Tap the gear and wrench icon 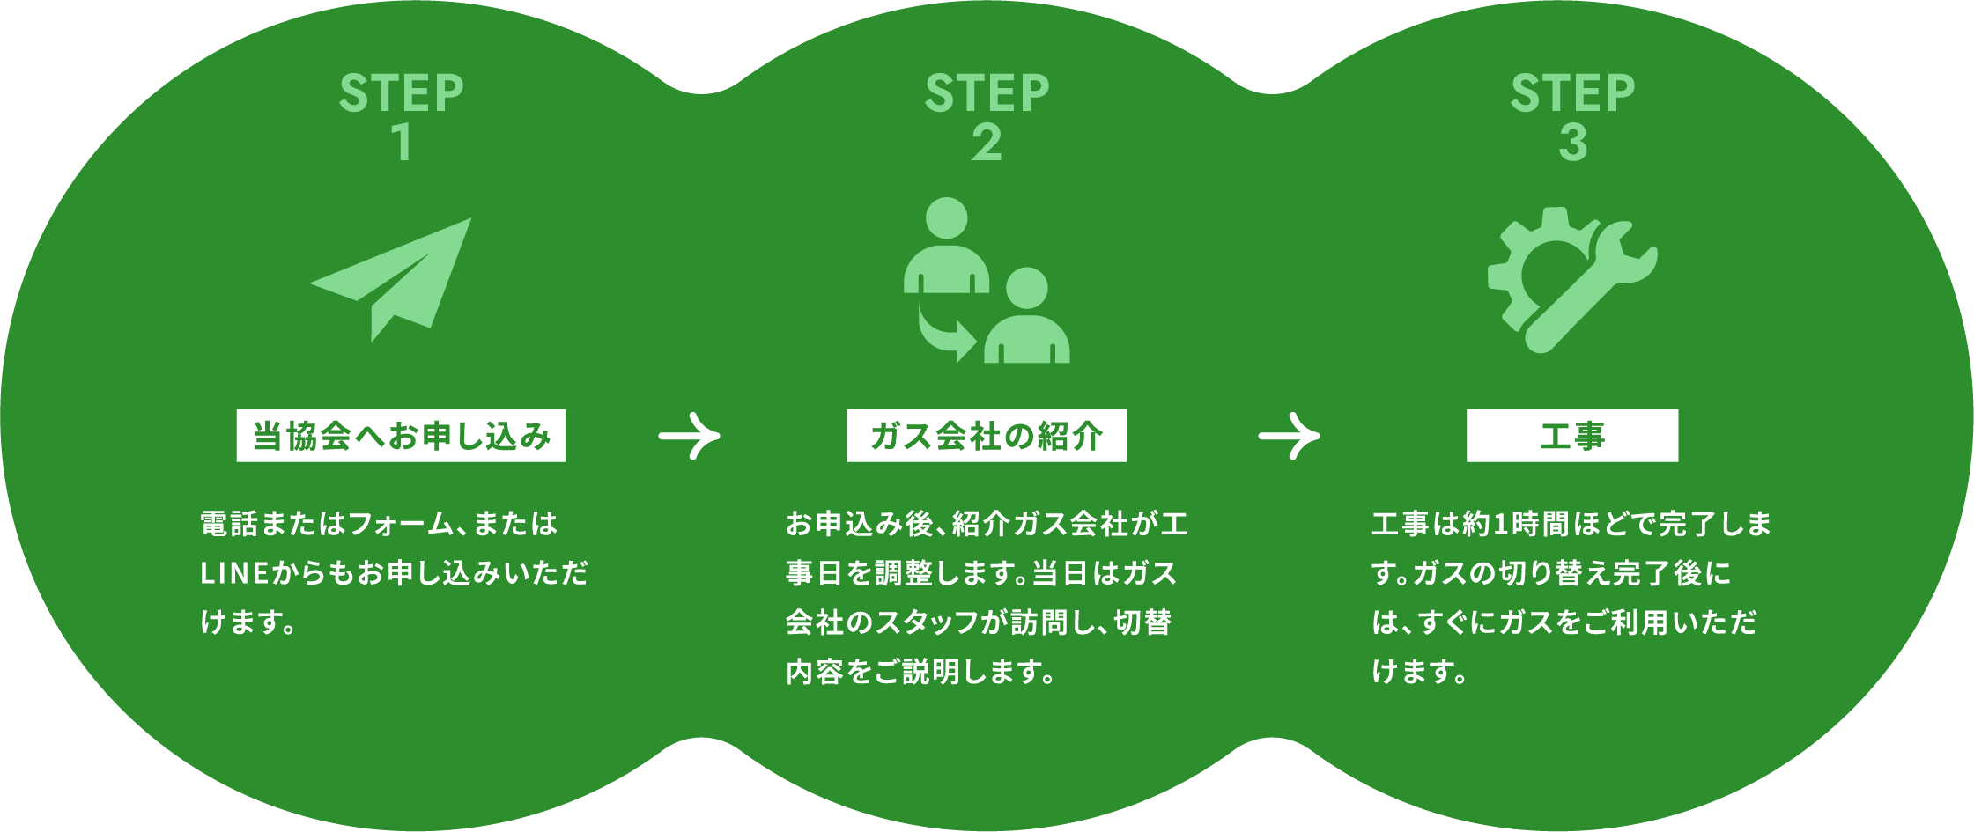[x=1571, y=278]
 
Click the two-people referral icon [x=986, y=280]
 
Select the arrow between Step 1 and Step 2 [x=689, y=436]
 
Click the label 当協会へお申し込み [x=401, y=436]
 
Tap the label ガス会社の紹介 [x=987, y=436]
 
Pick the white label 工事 [x=1572, y=436]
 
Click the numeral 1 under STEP [x=403, y=143]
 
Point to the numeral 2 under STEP [x=987, y=143]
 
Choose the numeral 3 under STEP [x=1572, y=143]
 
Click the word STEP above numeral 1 [x=401, y=93]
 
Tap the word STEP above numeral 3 [x=1572, y=93]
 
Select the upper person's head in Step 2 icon [x=947, y=217]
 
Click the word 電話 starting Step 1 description [x=229, y=525]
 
